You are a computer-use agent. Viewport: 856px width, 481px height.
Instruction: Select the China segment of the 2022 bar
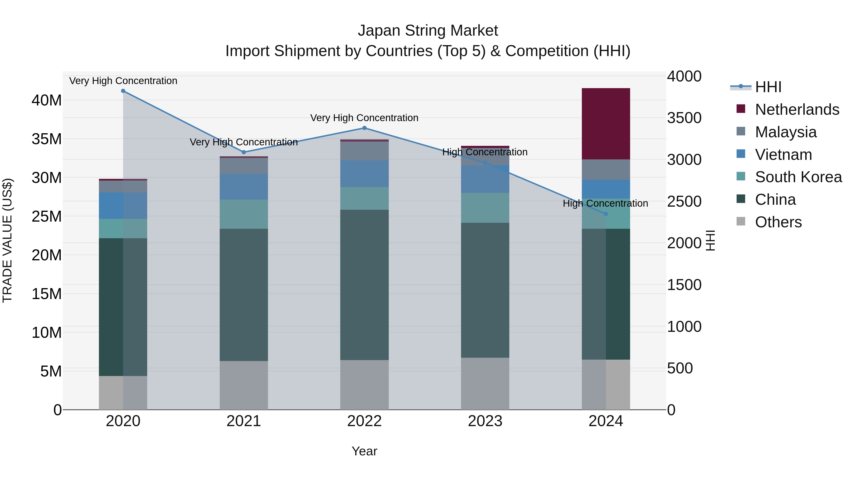click(x=364, y=285)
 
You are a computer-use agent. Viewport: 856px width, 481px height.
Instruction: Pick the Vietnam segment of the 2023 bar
click(x=485, y=179)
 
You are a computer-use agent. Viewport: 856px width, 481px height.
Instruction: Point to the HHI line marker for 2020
click(x=123, y=91)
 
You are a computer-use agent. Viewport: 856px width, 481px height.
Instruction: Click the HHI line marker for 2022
click(x=364, y=128)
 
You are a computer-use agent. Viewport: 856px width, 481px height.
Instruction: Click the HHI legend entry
click(x=768, y=87)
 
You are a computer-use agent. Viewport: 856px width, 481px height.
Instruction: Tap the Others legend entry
click(x=778, y=222)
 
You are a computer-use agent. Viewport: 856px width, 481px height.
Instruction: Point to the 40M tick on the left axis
click(x=47, y=100)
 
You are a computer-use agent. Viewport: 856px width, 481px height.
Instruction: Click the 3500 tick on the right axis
click(x=684, y=118)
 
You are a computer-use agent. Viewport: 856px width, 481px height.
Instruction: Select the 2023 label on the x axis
click(x=485, y=421)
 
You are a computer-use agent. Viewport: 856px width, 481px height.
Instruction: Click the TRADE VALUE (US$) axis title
click(x=7, y=240)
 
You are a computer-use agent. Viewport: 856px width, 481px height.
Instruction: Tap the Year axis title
click(x=364, y=451)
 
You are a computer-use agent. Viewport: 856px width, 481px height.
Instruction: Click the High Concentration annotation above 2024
click(x=605, y=203)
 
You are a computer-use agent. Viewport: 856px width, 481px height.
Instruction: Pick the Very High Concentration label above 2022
click(x=364, y=118)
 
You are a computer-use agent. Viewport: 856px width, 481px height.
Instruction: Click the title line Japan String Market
click(x=428, y=31)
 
